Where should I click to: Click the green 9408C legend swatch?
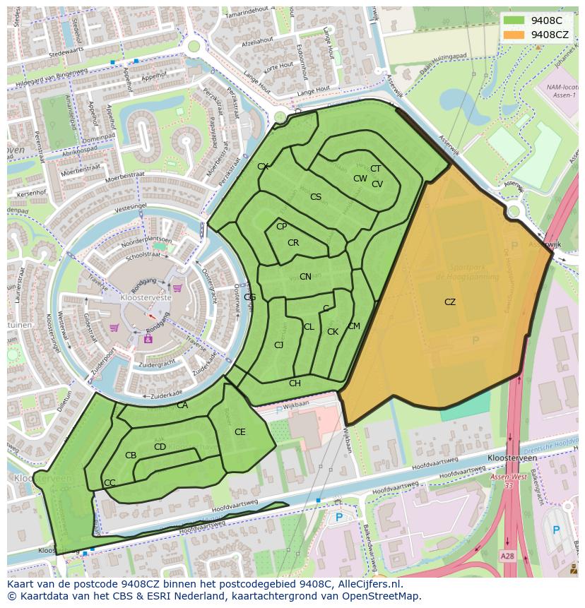click(514, 20)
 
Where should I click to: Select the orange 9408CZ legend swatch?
click(514, 34)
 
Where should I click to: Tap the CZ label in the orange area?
click(450, 302)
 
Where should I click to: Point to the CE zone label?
click(240, 432)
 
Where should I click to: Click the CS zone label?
click(316, 197)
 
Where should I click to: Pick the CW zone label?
click(360, 179)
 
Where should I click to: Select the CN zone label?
click(305, 277)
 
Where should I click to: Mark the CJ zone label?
click(279, 345)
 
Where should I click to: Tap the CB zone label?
click(131, 455)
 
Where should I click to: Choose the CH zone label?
click(295, 383)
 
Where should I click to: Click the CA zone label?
click(182, 405)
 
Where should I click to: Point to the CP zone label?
click(281, 227)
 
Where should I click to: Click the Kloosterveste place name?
click(146, 299)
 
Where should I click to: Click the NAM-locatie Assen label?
click(561, 92)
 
